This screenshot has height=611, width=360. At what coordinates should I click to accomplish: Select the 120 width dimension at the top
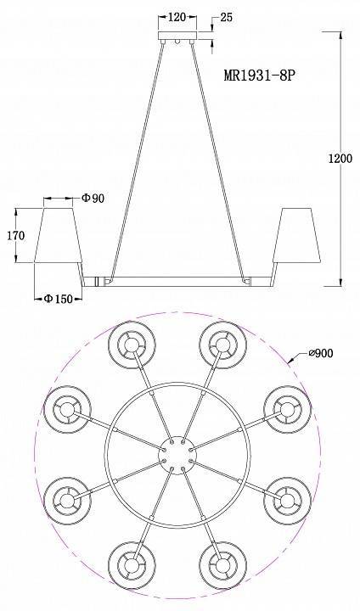click(177, 16)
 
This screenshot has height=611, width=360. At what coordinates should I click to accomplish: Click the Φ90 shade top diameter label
click(93, 199)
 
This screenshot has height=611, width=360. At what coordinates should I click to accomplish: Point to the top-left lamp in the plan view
click(130, 344)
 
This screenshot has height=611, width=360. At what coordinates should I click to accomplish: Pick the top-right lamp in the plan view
click(222, 344)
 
